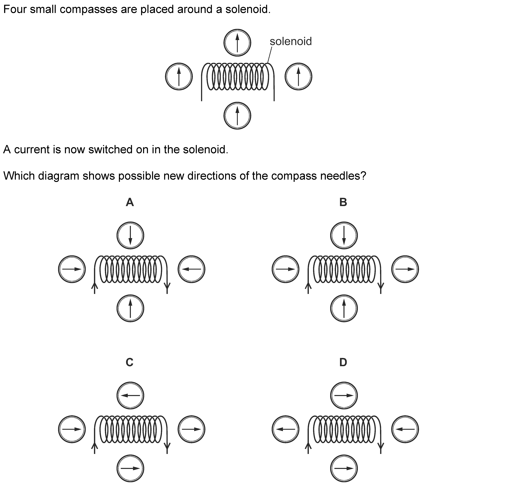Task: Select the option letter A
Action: (130, 202)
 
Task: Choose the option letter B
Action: (343, 202)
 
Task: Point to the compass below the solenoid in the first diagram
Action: (237, 115)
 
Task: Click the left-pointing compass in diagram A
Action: (191, 269)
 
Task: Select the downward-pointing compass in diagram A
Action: (130, 235)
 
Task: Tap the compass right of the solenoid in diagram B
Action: (405, 269)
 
